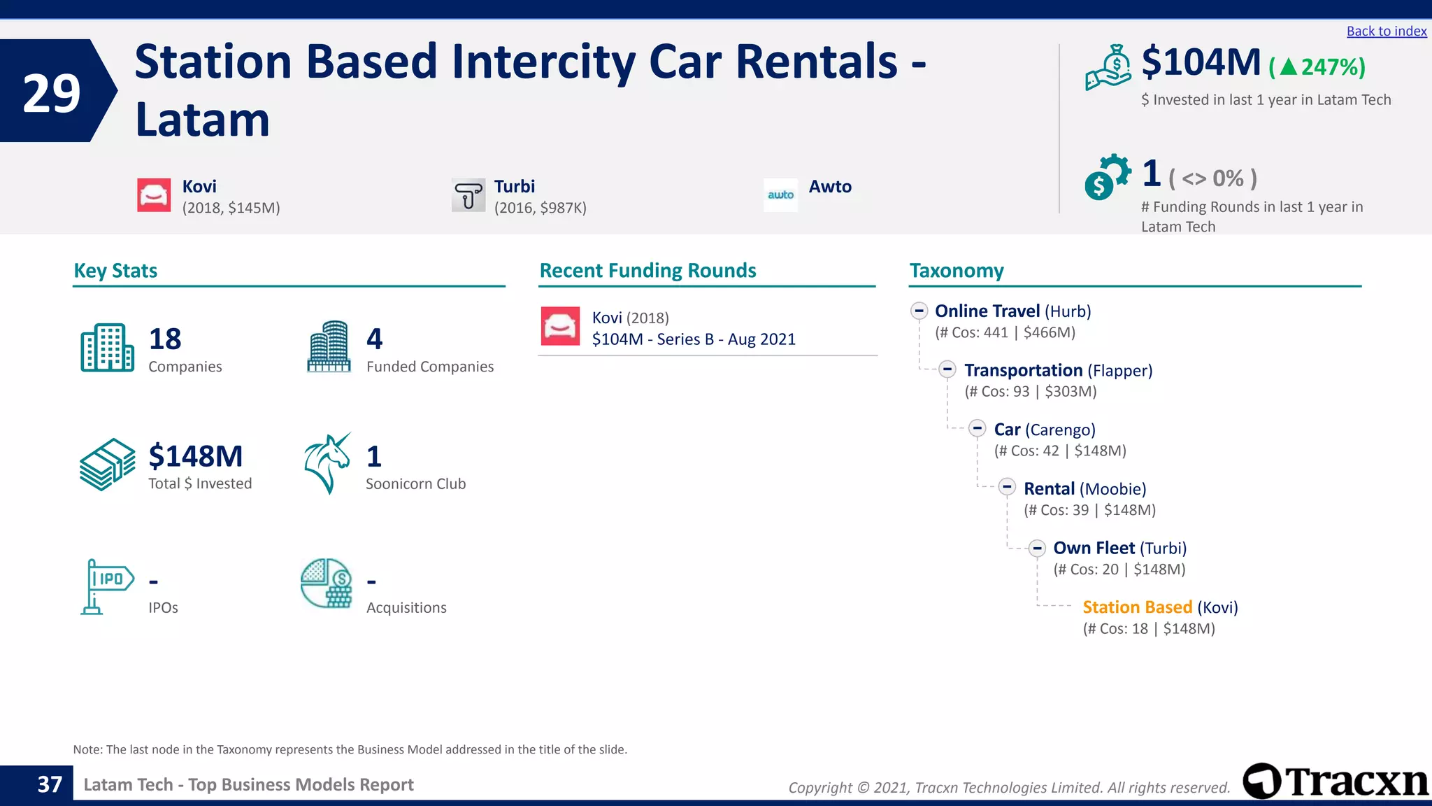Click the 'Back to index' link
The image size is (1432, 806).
pos(1386,31)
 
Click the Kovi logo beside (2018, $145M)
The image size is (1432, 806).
pos(154,195)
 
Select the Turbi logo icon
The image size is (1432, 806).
pos(468,195)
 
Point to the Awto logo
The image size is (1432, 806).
pos(780,195)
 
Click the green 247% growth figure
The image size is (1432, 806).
pos(1317,67)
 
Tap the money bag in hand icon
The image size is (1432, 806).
pos(1108,68)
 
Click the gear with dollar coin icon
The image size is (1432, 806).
pos(1107,176)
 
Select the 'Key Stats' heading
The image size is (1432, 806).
pos(115,271)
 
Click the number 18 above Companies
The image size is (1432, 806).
pos(165,339)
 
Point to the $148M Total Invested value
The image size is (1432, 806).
pos(196,456)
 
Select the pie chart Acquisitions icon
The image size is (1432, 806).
pos(327,583)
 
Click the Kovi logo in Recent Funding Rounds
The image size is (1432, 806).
pos(560,326)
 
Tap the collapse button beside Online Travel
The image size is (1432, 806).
pos(919,311)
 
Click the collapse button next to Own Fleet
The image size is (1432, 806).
pos(1037,548)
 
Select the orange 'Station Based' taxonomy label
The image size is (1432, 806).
pos(1137,607)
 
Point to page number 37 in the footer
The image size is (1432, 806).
pos(50,784)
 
